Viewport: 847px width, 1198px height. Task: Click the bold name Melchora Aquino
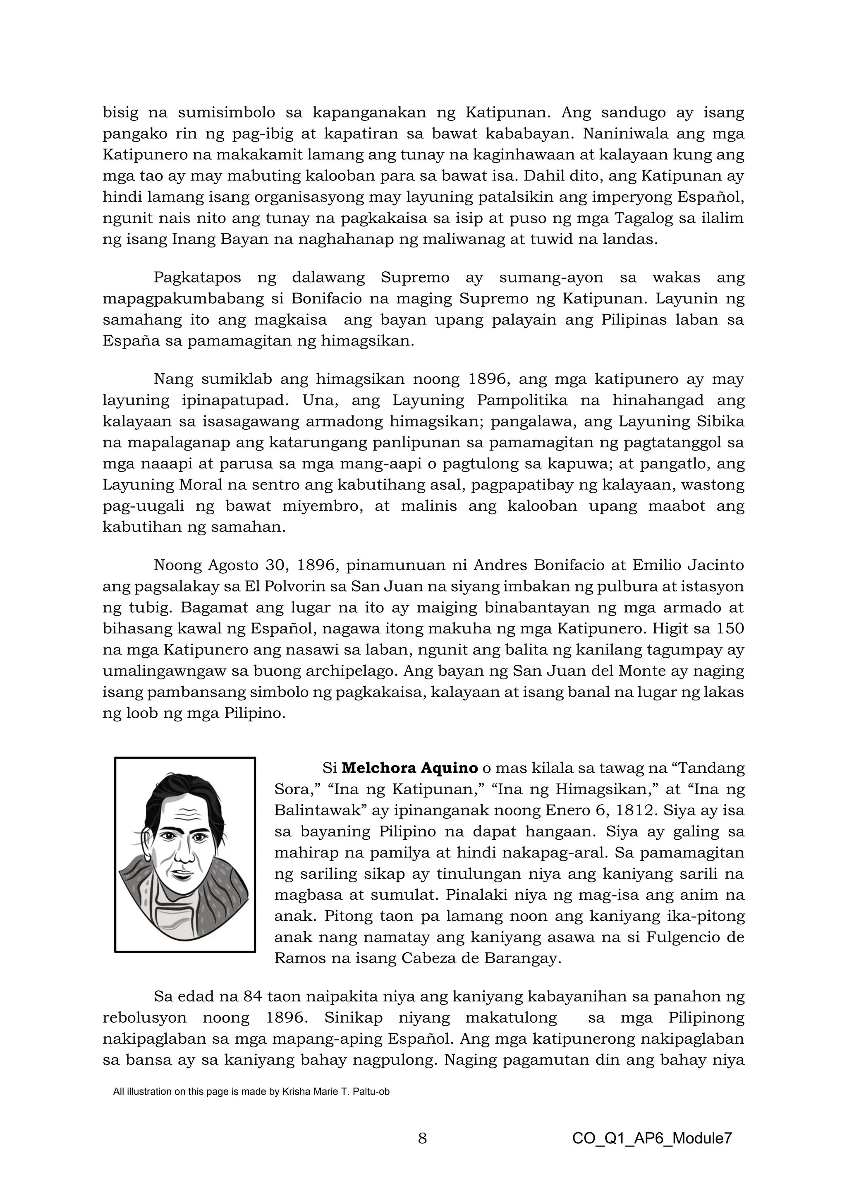tap(409, 768)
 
